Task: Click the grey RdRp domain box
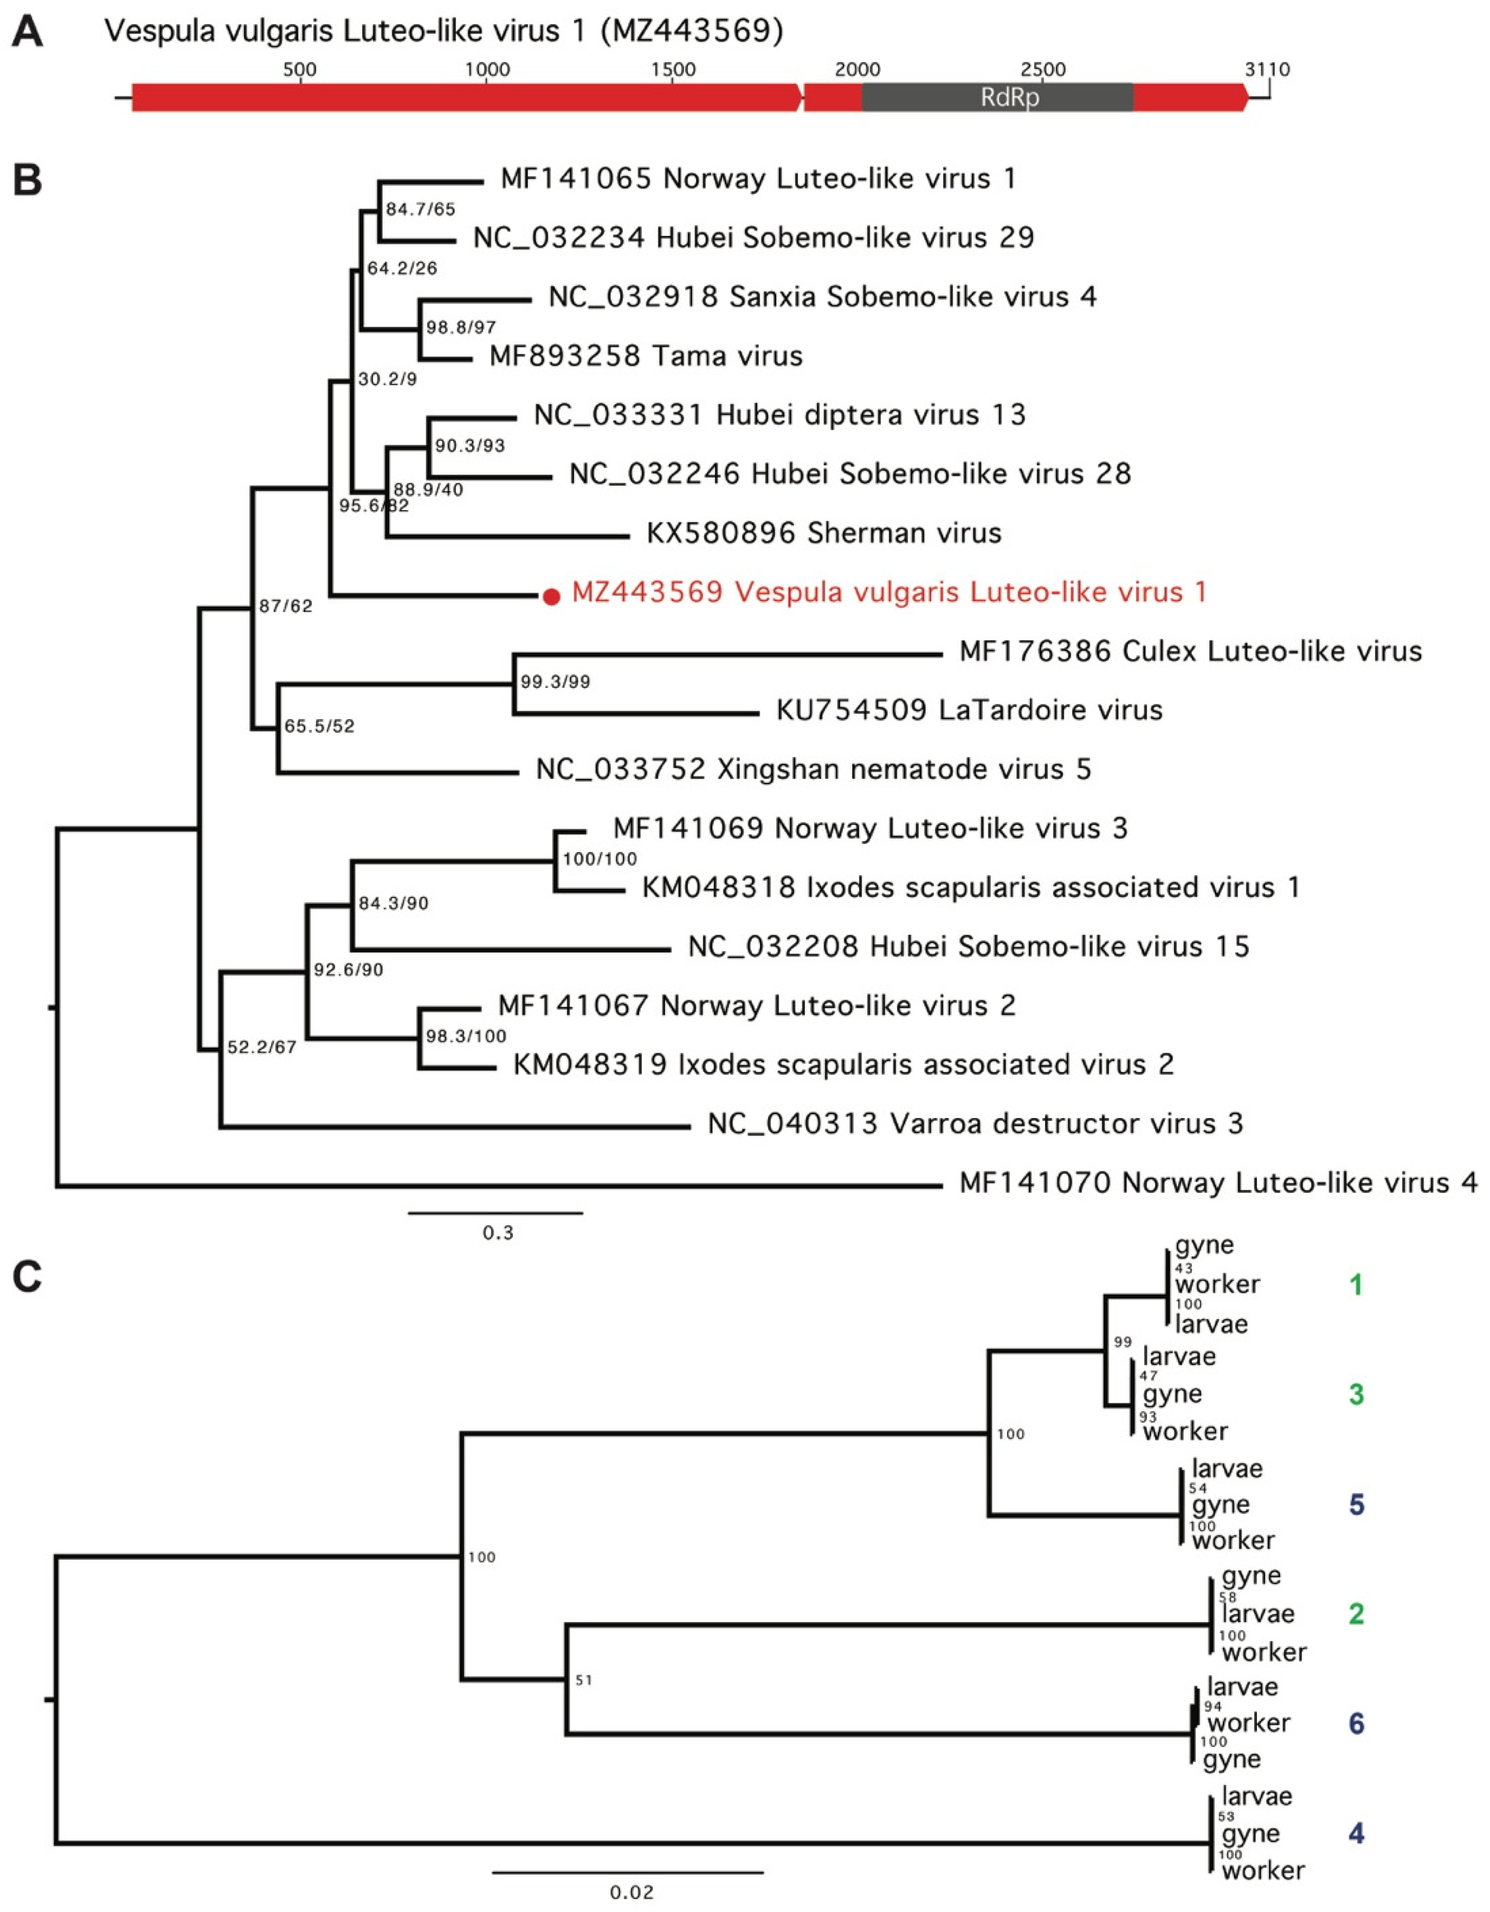coord(997,97)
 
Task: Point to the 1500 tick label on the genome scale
coord(673,69)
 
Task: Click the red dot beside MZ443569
coord(550,597)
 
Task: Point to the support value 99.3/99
coord(555,682)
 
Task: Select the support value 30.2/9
coord(387,379)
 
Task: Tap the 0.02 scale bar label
coord(631,1893)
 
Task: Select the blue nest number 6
coord(1355,1724)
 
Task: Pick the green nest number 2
coord(1355,1613)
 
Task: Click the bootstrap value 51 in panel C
coord(584,1680)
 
